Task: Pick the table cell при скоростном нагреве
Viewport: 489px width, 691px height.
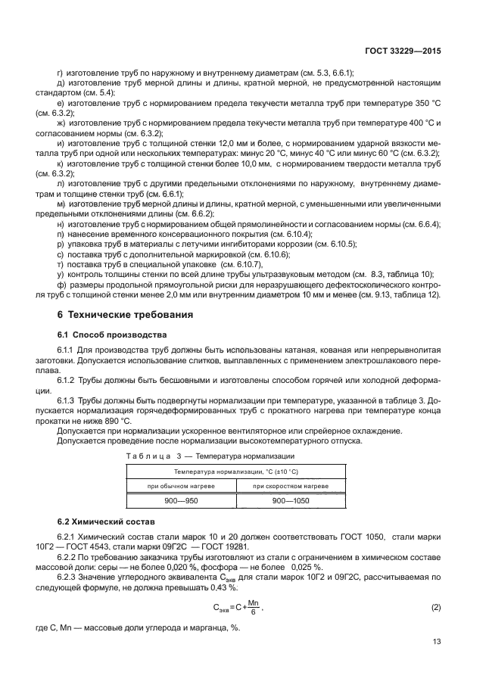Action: coord(291,485)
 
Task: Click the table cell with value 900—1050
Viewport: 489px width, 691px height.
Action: coord(291,501)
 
